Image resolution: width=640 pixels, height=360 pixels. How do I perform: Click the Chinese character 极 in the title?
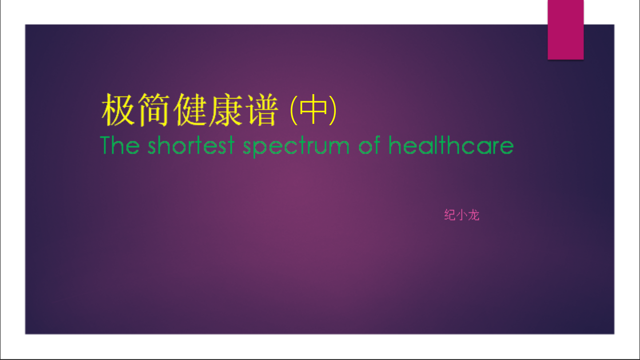click(118, 110)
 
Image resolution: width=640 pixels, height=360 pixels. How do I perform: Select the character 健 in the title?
click(190, 110)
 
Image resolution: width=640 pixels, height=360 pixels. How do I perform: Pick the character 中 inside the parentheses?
click(313, 109)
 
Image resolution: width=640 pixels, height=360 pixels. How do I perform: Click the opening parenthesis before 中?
click(294, 110)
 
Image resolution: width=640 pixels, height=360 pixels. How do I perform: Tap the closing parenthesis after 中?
click(333, 110)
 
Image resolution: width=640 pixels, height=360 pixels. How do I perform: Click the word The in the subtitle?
click(120, 145)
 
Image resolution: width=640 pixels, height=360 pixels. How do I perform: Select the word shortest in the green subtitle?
click(191, 145)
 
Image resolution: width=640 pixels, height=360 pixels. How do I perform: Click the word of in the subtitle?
click(370, 145)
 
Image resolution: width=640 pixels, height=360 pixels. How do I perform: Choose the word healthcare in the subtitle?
click(451, 145)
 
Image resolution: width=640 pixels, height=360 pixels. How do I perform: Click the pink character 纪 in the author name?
click(450, 215)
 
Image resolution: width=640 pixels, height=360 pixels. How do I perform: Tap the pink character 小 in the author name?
click(462, 215)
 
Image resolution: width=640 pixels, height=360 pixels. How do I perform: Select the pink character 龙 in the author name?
click(473, 215)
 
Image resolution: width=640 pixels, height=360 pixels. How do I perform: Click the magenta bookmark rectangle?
click(565, 30)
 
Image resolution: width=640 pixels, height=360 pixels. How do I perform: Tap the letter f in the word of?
click(376, 145)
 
